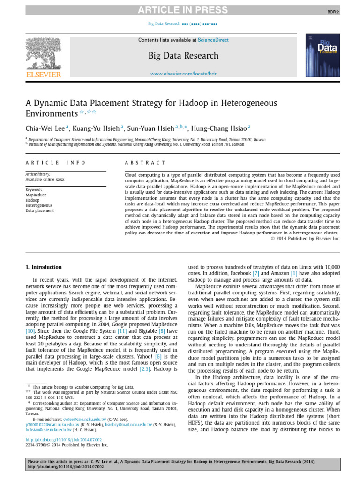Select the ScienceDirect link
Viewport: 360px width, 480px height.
click(213, 40)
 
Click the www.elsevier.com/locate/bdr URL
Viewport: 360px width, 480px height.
click(183, 74)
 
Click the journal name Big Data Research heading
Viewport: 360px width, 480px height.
click(183, 56)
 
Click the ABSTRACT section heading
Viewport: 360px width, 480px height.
click(145, 163)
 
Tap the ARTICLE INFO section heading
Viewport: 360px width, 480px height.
click(55, 163)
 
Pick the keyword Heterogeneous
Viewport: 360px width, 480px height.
click(39, 205)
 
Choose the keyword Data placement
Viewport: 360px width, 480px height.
click(39, 211)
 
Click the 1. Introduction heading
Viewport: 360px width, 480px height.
click(44, 267)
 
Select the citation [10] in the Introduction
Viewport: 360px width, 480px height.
click(30, 331)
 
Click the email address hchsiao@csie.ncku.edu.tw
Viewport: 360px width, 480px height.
click(48, 429)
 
